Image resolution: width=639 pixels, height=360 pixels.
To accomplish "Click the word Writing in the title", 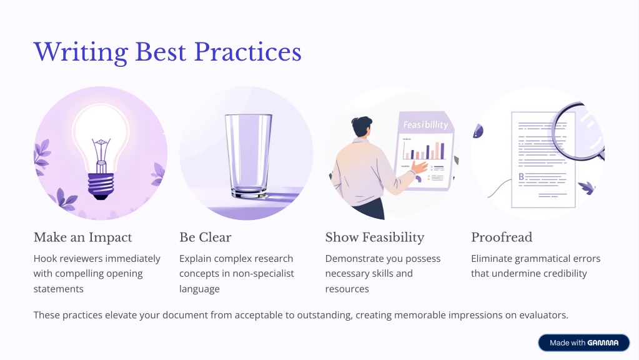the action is pos(81,52).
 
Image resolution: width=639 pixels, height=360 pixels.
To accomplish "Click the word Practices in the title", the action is pos(248,52).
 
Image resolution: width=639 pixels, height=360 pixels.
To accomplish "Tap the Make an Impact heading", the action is pos(82,237).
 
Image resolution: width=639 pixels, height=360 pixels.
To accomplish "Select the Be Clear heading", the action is pos(206,237).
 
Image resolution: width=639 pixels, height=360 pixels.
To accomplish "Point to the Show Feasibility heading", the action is pos(375,237).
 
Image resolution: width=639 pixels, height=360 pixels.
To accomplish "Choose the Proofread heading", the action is pos(502,237).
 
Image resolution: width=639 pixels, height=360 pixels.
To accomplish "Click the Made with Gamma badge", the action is pos(584,343).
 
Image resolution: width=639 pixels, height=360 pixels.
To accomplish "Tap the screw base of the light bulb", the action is pos(101,186).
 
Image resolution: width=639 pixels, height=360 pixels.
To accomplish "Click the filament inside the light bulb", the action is pos(101,151).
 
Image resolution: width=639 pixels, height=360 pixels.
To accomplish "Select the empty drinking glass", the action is pos(248,156).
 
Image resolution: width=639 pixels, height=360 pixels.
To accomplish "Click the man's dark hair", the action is pos(362,126).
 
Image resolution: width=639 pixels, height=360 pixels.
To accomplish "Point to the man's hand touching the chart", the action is pos(420,167).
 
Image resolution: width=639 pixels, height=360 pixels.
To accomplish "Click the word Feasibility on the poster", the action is pos(425,124).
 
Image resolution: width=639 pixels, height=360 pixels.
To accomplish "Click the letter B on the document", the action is pos(521,177).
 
